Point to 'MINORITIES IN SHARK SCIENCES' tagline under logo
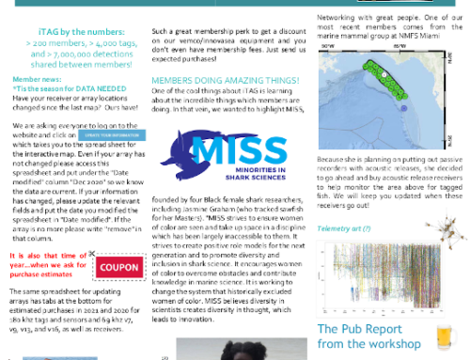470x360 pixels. click(243, 170)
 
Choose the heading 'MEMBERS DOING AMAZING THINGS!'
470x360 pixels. click(221, 81)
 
